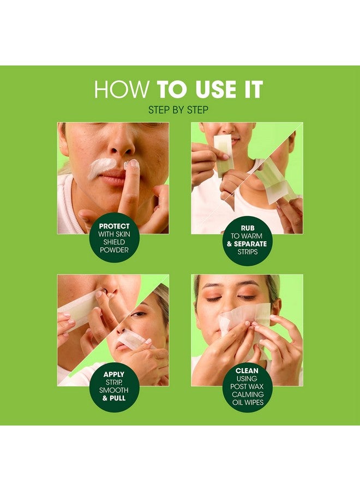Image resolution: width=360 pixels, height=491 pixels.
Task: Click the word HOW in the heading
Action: (x=122, y=89)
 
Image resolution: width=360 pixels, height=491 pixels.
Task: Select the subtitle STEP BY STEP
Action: (x=178, y=110)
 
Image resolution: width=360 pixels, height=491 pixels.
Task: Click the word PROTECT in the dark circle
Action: (x=114, y=226)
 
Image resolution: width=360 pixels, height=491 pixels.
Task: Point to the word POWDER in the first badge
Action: (x=114, y=250)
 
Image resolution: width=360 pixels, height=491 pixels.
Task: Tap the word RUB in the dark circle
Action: (x=248, y=228)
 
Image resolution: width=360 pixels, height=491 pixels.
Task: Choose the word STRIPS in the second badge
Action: (x=247, y=252)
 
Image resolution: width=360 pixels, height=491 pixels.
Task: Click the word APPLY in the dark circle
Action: (x=114, y=374)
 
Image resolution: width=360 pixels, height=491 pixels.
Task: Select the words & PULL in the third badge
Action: (x=114, y=398)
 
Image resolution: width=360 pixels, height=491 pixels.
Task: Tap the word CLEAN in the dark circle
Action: (x=247, y=371)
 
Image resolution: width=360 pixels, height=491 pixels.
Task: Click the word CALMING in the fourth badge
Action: (x=248, y=394)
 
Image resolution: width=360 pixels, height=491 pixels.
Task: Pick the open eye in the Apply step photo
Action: (x=139, y=314)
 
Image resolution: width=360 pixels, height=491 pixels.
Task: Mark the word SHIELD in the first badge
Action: (x=114, y=242)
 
